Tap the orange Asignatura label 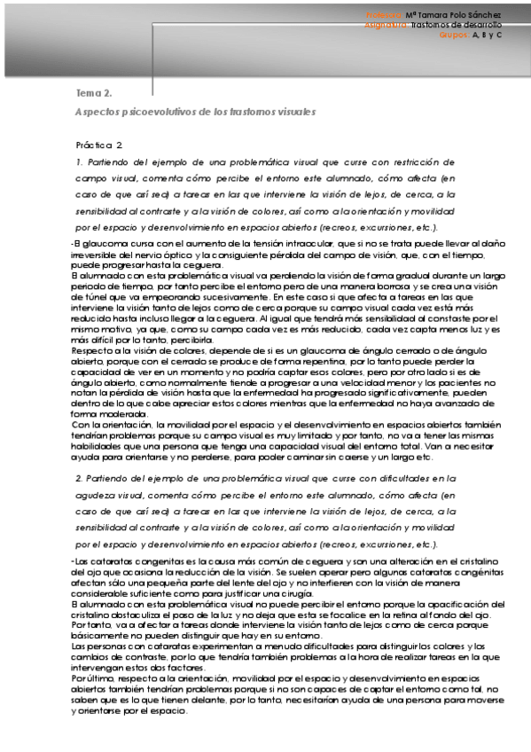(386, 25)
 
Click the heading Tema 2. (93, 92)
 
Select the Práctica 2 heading (99, 144)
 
